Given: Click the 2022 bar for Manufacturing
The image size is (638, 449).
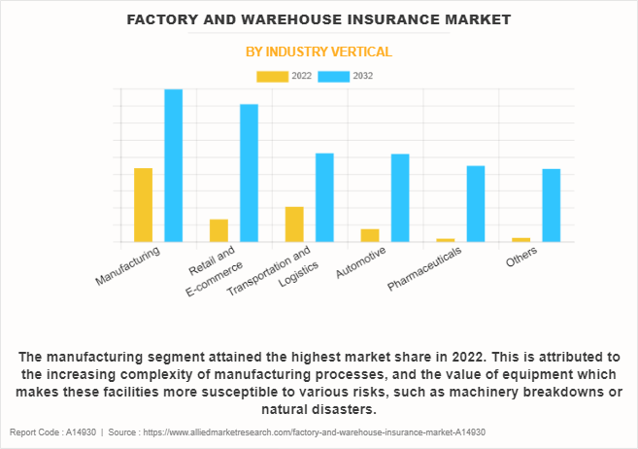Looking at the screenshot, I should click(x=143, y=205).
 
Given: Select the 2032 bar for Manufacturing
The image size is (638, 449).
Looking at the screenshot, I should click(x=173, y=165).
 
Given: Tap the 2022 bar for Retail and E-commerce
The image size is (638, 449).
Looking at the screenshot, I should click(x=218, y=230).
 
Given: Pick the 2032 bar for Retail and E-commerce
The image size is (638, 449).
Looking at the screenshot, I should click(x=249, y=173).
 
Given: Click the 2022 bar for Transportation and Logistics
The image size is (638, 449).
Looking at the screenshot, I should click(x=294, y=224).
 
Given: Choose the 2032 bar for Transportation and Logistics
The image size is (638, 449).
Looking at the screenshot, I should click(x=324, y=197).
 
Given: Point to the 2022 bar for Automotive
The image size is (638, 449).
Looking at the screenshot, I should click(x=370, y=235).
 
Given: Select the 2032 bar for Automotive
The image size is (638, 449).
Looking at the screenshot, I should click(x=400, y=198).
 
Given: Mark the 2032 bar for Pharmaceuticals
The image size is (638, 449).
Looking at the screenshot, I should click(x=476, y=204).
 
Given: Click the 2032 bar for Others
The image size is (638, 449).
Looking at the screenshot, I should click(x=552, y=205).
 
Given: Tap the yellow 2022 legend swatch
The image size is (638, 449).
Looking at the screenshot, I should click(x=272, y=76).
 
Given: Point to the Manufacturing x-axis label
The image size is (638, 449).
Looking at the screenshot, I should click(x=128, y=265).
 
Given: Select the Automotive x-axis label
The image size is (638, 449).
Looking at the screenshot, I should click(x=361, y=263).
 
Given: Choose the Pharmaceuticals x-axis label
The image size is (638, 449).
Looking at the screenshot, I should click(x=424, y=269).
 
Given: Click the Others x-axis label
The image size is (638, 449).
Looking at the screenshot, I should click(x=520, y=258).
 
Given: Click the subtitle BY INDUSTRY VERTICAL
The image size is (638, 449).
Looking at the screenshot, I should click(x=319, y=52).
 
